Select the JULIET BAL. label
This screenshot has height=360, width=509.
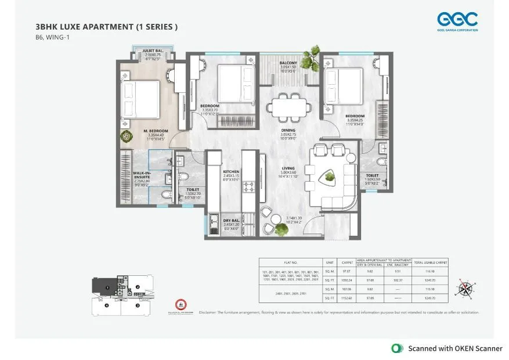coord(153,51)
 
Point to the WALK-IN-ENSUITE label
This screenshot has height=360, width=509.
coord(143,174)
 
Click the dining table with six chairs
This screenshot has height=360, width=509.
coord(288,107)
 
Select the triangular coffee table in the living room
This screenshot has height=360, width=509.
coord(329,176)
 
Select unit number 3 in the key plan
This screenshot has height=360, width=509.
coord(137,305)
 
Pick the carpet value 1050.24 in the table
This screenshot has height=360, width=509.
coord(347,279)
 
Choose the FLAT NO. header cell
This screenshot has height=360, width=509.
coord(290,262)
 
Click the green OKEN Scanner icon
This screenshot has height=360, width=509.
coord(397,348)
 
